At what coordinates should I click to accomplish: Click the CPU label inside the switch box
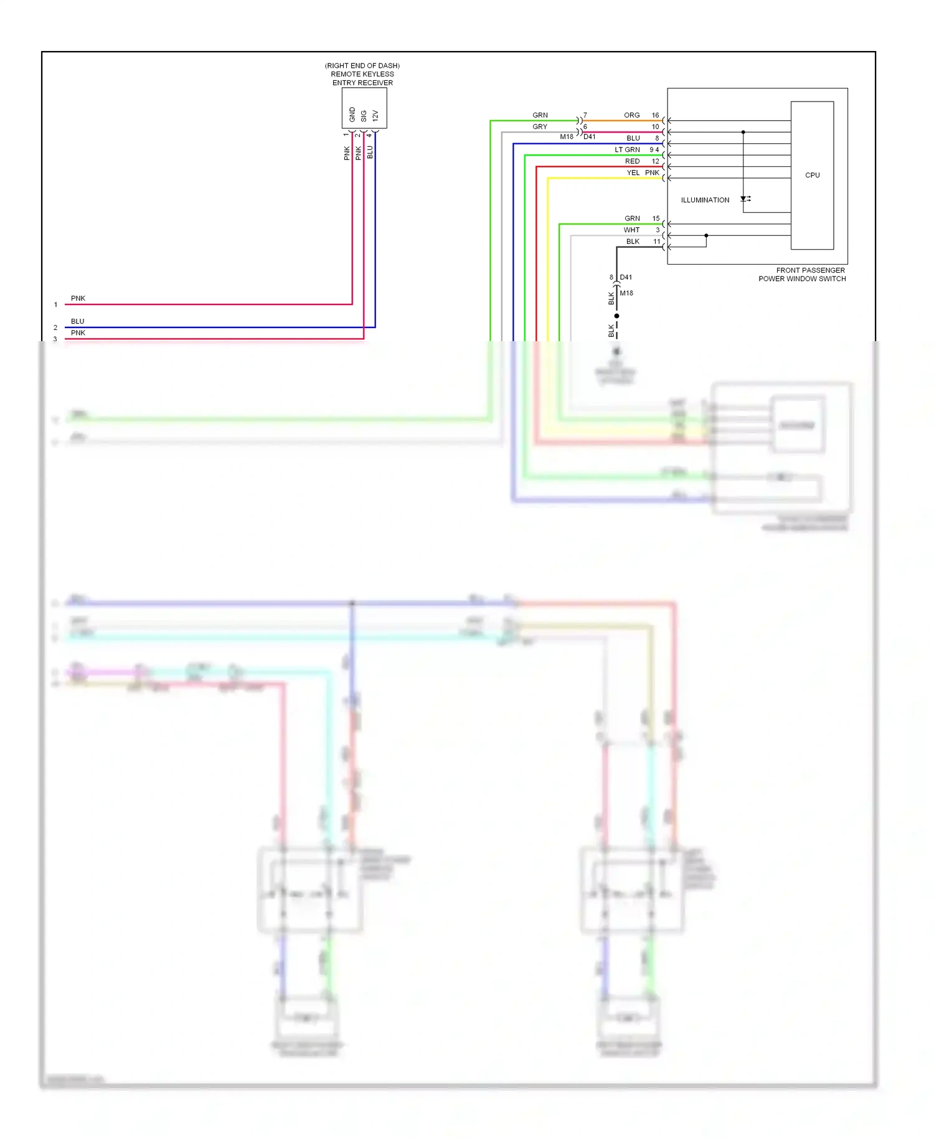(x=812, y=175)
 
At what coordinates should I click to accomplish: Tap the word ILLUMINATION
(x=705, y=200)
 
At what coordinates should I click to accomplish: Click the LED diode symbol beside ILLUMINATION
(x=745, y=199)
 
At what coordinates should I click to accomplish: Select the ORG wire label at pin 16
(x=631, y=115)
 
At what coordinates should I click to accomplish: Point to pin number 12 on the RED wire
(x=655, y=161)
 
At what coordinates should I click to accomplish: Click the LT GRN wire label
(x=627, y=149)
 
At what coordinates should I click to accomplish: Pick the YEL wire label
(x=633, y=172)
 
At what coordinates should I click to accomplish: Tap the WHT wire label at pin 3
(x=631, y=230)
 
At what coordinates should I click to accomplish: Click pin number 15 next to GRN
(x=656, y=219)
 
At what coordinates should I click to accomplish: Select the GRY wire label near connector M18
(x=539, y=126)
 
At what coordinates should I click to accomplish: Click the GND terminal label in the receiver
(x=352, y=115)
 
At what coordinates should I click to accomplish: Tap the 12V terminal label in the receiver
(x=375, y=116)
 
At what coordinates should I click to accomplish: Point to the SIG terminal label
(x=364, y=116)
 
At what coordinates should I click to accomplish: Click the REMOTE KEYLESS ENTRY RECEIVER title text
(x=362, y=74)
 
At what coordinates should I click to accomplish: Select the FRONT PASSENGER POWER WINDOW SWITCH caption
(x=802, y=275)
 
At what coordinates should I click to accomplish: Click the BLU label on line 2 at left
(x=77, y=321)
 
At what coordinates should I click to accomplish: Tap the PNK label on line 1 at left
(x=78, y=298)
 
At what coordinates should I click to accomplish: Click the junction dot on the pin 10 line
(x=743, y=132)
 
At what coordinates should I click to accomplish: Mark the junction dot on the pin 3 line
(x=706, y=235)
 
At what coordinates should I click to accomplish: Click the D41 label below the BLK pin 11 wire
(x=626, y=277)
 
